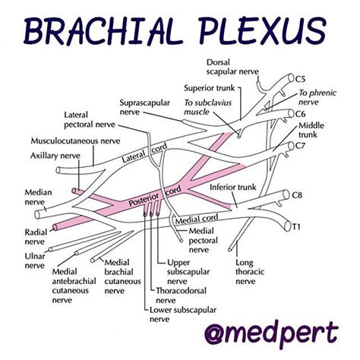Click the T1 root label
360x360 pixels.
[298, 226]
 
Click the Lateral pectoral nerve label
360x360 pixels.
[84, 119]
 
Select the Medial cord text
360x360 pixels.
[199, 218]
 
